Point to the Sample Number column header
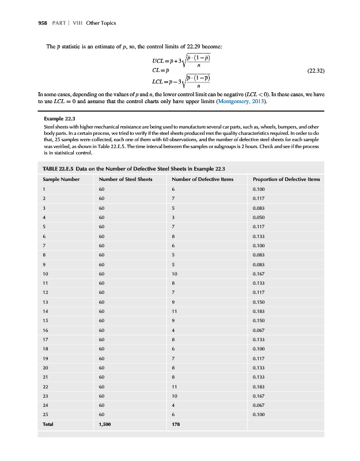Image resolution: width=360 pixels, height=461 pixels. [61, 179]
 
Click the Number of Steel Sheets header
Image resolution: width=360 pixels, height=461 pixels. [126, 179]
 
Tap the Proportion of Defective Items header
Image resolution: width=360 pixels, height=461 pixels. [286, 179]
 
